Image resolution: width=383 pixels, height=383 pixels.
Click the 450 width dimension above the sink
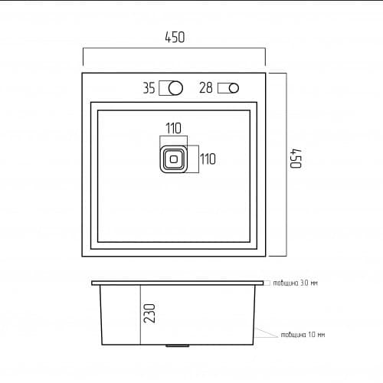(174, 37)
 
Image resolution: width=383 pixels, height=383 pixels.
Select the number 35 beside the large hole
(149, 88)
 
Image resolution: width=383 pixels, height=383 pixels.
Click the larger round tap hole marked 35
(175, 88)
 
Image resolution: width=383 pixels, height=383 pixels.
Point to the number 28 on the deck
(205, 88)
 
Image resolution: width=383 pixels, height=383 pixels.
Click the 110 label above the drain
(172, 129)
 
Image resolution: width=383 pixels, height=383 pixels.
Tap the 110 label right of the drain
(208, 159)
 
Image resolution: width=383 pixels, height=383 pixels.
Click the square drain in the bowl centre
(173, 159)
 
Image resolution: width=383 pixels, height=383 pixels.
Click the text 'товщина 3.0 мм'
(295, 283)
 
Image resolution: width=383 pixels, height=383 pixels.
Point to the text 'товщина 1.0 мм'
(303, 335)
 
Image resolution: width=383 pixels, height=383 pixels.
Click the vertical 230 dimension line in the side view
(140, 315)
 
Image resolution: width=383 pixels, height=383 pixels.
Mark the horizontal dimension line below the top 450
(174, 50)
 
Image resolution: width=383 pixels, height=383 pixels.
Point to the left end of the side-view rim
(93, 283)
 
